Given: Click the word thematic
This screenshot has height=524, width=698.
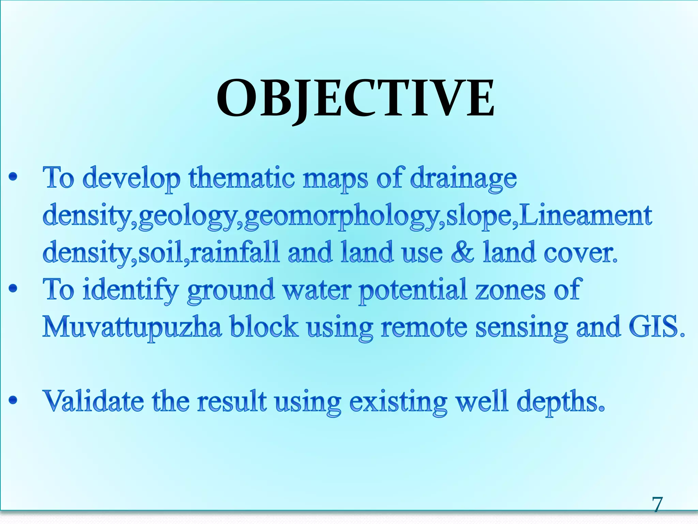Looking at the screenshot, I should click(242, 178).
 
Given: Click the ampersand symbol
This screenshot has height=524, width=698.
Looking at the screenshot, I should click(462, 252).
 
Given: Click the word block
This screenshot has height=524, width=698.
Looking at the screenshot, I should click(263, 326).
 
